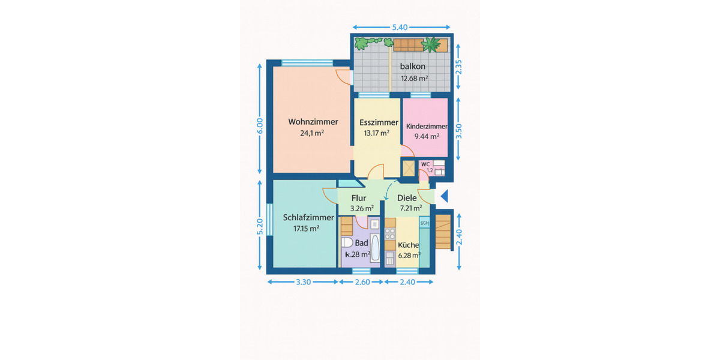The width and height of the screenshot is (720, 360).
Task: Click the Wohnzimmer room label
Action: click(313, 122)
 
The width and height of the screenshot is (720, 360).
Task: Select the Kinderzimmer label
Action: click(427, 127)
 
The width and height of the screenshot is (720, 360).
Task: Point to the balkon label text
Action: click(413, 67)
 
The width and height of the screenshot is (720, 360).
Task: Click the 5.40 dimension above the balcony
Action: click(400, 28)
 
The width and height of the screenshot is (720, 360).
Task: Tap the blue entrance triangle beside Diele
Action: click(445, 196)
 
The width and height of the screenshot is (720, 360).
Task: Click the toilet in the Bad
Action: click(347, 244)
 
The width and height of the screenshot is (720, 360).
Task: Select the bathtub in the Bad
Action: click(374, 249)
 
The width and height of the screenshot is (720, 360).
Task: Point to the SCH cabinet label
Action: click(425, 223)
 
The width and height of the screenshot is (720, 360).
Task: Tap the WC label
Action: click(425, 164)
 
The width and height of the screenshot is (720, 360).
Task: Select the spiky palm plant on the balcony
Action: click(431, 44)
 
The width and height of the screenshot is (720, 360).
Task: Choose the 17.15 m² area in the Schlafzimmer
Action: click(305, 229)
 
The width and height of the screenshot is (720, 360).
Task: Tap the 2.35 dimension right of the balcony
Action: click(459, 65)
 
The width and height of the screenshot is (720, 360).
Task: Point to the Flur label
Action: click(359, 198)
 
